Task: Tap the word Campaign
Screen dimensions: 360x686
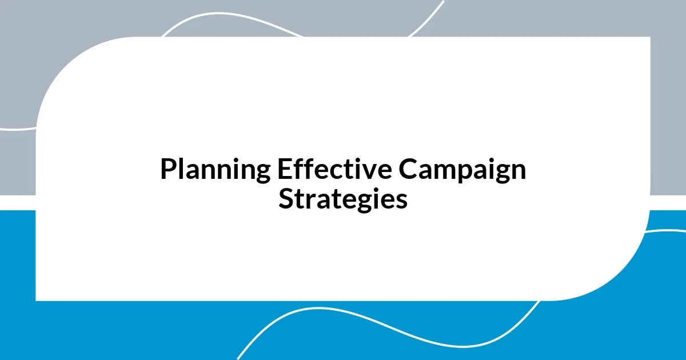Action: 462,170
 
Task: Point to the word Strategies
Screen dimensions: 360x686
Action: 343,199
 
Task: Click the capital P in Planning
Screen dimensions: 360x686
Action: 167,169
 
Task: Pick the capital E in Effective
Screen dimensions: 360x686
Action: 284,169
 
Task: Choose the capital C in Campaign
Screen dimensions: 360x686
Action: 408,169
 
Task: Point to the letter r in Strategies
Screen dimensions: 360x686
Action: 307,201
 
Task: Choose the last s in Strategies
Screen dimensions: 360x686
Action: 402,201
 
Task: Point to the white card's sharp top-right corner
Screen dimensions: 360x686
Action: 649,38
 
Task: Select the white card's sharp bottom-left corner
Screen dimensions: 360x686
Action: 37,299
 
